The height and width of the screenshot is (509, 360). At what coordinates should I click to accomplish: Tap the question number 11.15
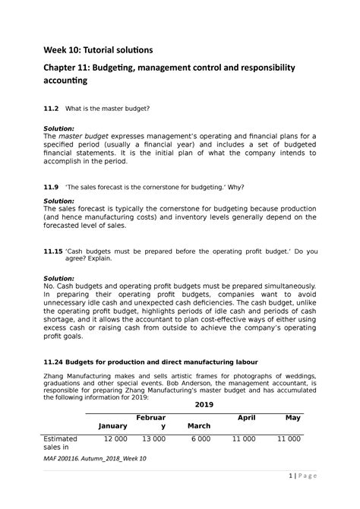[54, 250]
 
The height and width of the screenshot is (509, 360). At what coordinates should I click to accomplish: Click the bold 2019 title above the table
[203, 405]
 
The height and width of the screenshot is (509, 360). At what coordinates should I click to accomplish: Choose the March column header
[199, 425]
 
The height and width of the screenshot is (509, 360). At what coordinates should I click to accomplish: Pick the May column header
[292, 418]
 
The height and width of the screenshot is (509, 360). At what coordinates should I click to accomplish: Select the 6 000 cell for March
[201, 440]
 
